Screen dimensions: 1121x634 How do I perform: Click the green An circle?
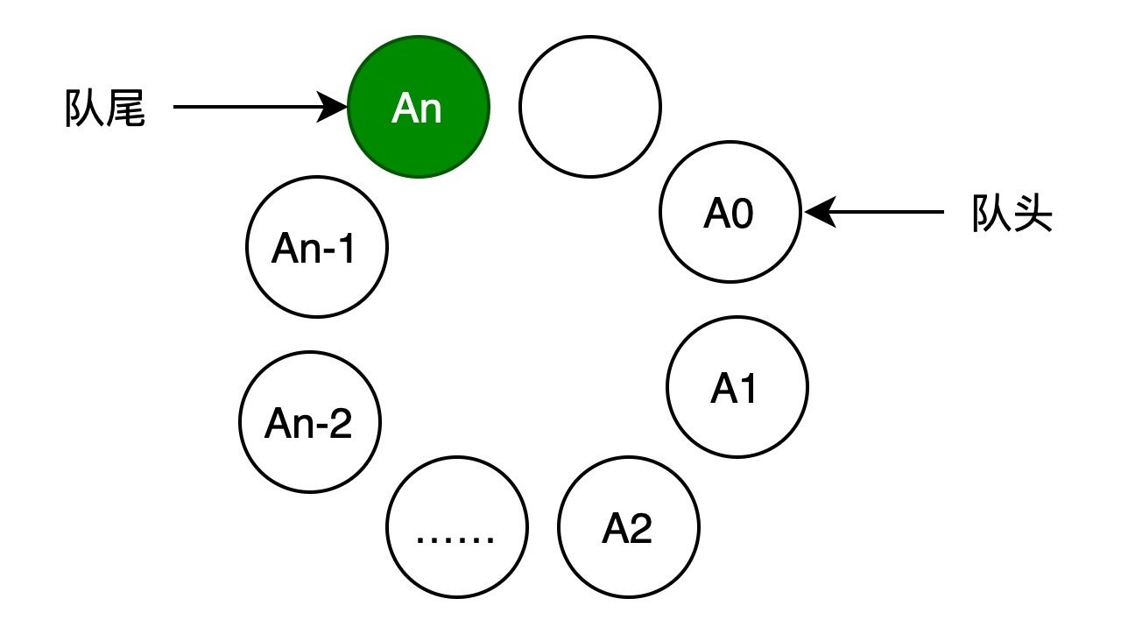pos(419,107)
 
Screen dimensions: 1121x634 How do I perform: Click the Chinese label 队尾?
pos(105,108)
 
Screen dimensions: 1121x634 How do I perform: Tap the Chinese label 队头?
pos(1012,213)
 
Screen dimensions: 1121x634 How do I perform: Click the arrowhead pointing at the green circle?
pos(332,107)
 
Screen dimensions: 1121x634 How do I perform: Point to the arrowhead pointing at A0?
pos(820,212)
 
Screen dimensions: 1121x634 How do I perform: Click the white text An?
pos(416,108)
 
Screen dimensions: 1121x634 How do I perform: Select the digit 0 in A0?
pos(742,214)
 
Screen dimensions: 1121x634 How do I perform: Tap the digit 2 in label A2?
pos(641,528)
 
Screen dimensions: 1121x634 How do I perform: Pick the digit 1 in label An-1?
pos(346,248)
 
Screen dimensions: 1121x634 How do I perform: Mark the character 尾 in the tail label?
pos(126,108)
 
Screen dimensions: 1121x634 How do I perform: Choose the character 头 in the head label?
pos(1033,213)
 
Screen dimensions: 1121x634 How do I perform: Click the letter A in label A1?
pos(723,388)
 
